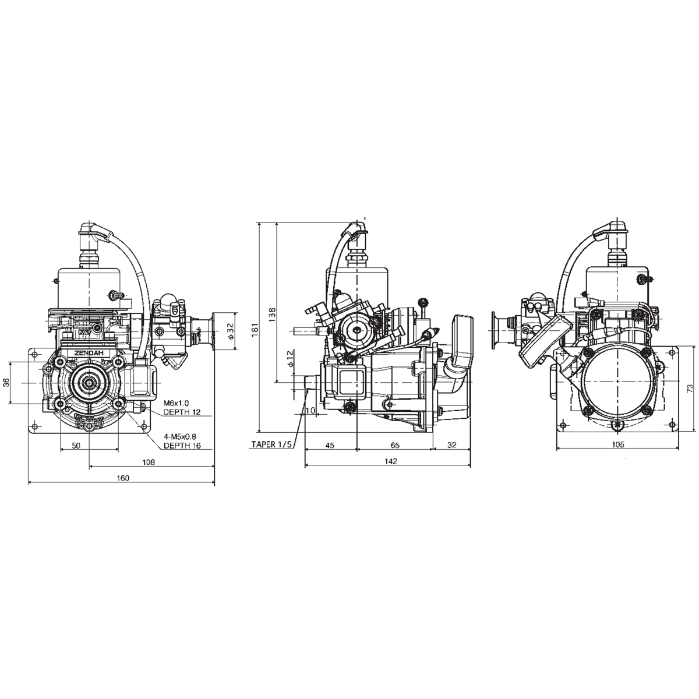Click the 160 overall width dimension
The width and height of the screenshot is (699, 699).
[122, 478]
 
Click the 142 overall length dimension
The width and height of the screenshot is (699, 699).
[390, 461]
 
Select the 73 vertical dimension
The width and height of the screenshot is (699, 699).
[690, 387]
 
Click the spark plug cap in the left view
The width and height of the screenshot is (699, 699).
[91, 228]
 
